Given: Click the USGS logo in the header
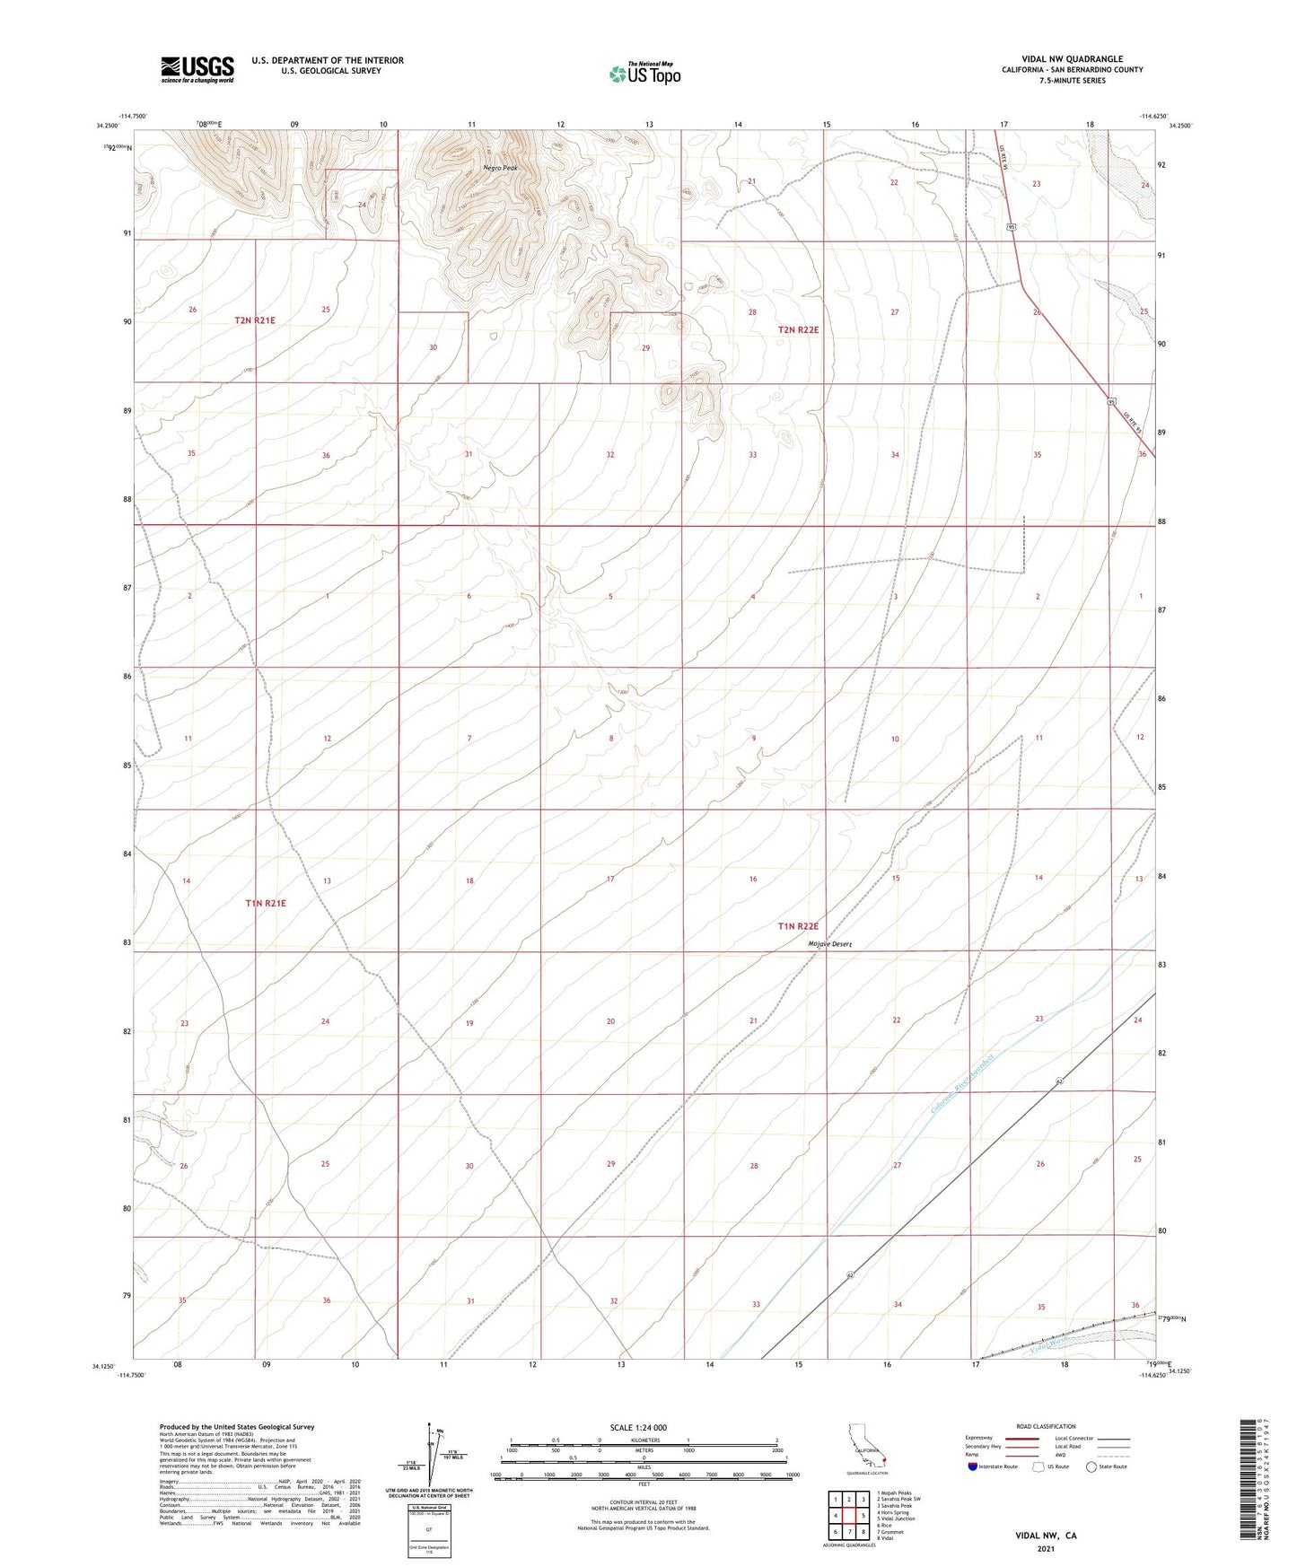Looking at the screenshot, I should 197,68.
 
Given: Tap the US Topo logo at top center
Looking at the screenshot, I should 644,73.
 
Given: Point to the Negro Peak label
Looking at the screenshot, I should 500,168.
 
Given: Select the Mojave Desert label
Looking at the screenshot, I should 829,944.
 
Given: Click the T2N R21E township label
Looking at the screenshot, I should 255,320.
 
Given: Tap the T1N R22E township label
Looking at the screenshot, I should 798,926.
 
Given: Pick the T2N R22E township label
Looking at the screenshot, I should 798,330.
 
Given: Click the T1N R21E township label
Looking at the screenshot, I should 266,903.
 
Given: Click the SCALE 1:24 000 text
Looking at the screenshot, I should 638,1427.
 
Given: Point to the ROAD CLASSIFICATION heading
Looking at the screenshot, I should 1046,1426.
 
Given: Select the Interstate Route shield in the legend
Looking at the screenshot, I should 973,1466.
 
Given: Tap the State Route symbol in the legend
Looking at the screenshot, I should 1091,1466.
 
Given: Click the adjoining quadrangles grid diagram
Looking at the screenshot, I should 849,1515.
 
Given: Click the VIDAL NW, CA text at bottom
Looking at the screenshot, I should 1046,1535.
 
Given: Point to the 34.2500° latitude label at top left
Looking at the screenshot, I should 106,126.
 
